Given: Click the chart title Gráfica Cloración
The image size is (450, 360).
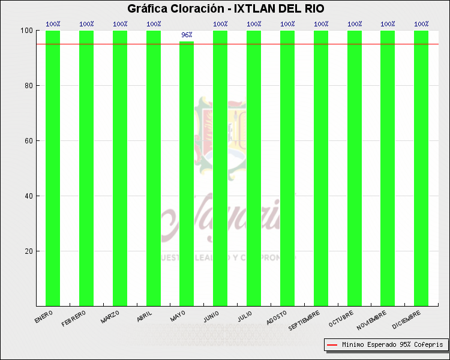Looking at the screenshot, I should click(226, 8).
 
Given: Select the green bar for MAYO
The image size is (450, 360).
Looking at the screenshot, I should click(187, 174).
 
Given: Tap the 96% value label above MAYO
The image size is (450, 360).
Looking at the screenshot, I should click(187, 35).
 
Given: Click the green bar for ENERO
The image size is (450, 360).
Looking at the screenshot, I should click(53, 168).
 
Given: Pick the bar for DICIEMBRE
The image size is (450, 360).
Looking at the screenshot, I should click(421, 168).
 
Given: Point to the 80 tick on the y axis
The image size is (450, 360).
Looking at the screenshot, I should click(28, 86).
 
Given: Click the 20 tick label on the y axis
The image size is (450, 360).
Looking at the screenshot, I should click(28, 251).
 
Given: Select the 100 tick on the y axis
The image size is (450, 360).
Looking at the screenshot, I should click(26, 31).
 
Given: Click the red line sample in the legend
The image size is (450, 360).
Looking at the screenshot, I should click(332, 345).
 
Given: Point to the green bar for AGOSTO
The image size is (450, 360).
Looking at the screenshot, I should click(287, 168).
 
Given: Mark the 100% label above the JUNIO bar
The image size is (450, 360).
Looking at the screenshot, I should click(220, 24).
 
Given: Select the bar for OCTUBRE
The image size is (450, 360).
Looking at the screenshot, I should click(355, 168).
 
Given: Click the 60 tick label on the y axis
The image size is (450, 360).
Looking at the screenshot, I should click(28, 141).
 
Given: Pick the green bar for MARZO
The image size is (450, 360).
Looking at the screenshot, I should click(120, 168).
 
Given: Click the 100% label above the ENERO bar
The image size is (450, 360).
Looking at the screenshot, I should click(53, 24).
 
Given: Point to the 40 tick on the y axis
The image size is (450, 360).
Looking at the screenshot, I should click(28, 196).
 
